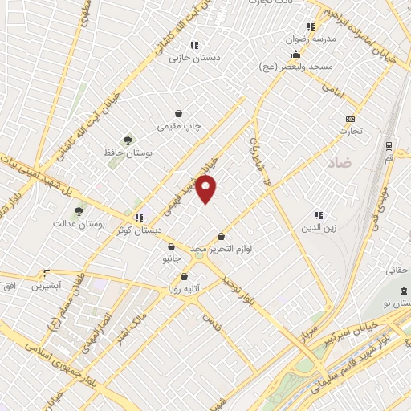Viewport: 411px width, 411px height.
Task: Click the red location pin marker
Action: [207, 189]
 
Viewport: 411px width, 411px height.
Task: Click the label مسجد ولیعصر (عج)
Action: [295, 68]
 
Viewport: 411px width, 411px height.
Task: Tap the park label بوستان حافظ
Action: [128, 152]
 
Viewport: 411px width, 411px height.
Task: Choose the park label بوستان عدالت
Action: [79, 224]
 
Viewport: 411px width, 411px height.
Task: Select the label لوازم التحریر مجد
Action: [222, 250]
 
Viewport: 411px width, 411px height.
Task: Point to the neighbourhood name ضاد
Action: [340, 163]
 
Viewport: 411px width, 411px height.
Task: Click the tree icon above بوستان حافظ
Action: [128, 140]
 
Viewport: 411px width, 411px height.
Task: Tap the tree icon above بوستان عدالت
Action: [79, 212]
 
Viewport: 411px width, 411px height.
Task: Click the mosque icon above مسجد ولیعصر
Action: [295, 55]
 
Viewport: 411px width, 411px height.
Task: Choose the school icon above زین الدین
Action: [319, 215]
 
